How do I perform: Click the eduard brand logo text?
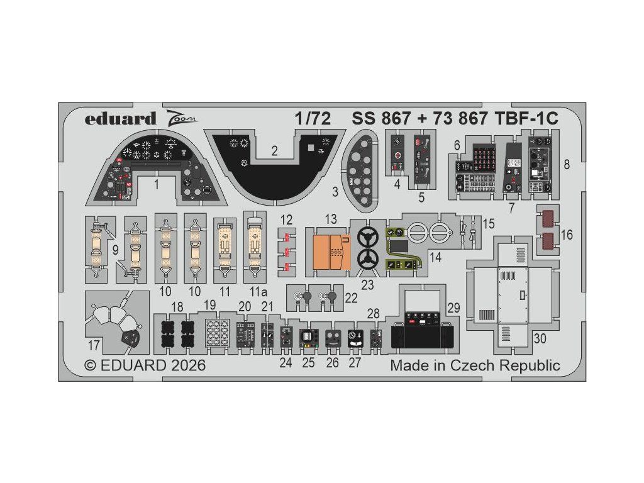coord(120,119)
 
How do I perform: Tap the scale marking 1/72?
coord(313,119)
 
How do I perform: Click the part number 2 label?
coord(274,151)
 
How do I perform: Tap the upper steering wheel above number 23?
coord(367,237)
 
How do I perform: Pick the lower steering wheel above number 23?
coord(367,258)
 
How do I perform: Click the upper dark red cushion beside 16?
coord(548,218)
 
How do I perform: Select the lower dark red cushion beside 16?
coord(548,241)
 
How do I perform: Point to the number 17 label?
coord(94,345)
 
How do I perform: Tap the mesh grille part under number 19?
coord(217,333)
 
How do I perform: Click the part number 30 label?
coord(540,338)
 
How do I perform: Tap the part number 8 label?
coord(567,165)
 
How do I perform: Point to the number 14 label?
coord(435,257)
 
